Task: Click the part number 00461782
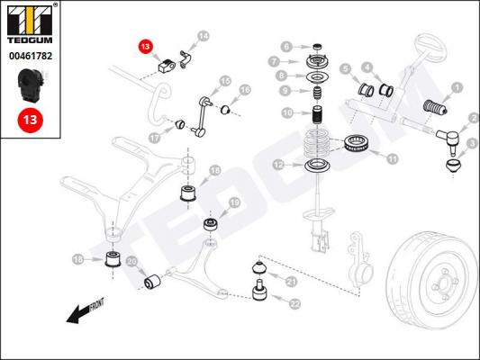pos(31,56)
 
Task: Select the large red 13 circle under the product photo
pos(30,120)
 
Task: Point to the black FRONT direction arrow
pos(85,310)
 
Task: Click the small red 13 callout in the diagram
pos(145,47)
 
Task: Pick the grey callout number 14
pos(204,36)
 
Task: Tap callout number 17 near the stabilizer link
pos(155,139)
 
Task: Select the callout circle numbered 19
pos(234,202)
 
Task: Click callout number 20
pos(131,262)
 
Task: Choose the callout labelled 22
pos(294,303)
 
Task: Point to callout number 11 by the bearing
pos(392,158)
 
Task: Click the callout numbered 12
pos(278,166)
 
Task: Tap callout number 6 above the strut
pos(286,47)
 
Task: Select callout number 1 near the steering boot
pos(457,88)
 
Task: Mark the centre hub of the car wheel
pos(443,283)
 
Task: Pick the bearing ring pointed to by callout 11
pos(357,143)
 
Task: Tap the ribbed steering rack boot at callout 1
pos(435,107)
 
